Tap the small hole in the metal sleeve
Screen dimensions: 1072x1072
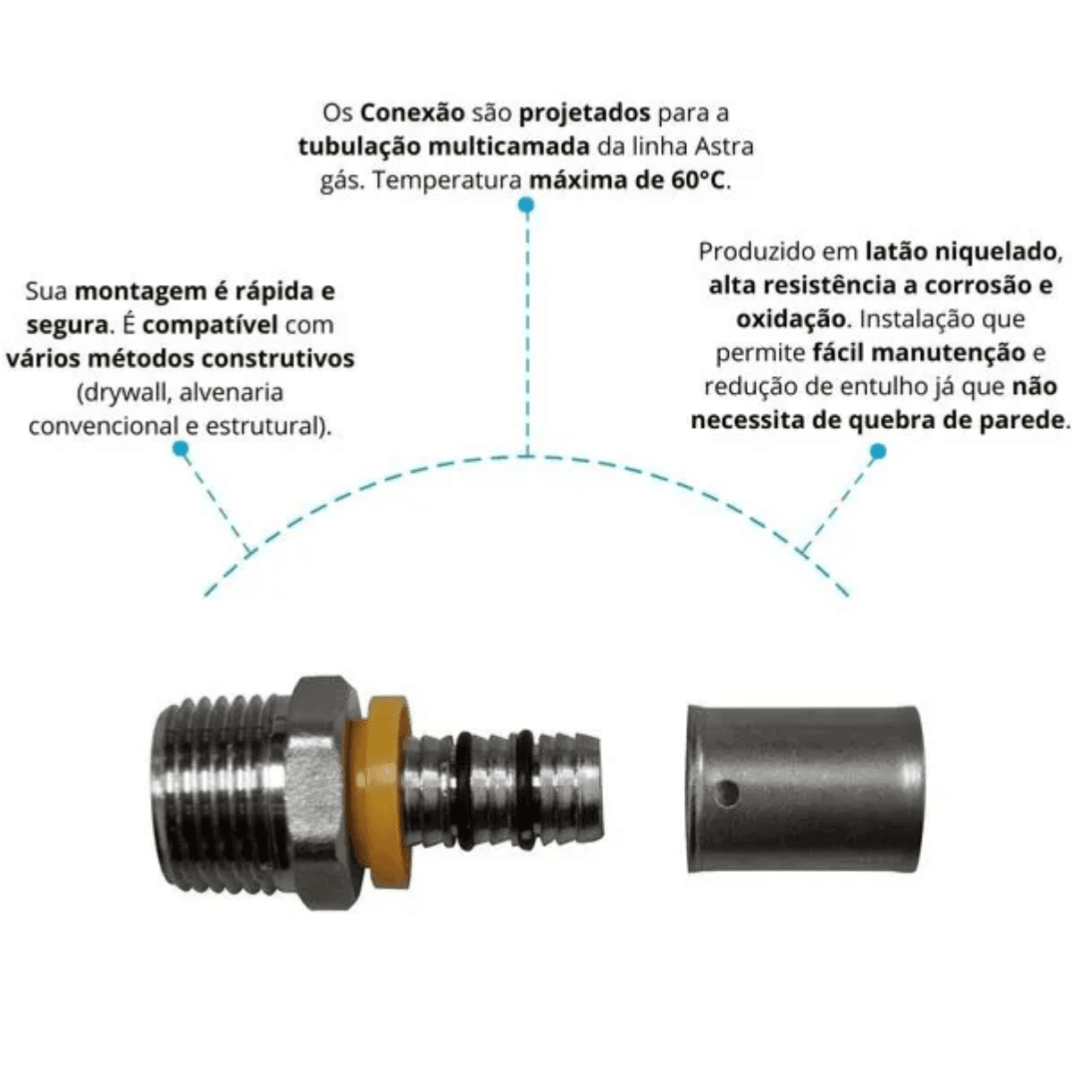pyautogui.click(x=727, y=792)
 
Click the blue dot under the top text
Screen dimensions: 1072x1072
pyautogui.click(x=526, y=205)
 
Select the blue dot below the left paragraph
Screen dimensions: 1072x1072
pyautogui.click(x=180, y=449)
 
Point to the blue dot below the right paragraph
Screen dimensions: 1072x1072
pyautogui.click(x=878, y=451)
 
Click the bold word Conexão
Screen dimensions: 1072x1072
pyautogui.click(x=412, y=113)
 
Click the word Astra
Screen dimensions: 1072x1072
pyautogui.click(x=724, y=147)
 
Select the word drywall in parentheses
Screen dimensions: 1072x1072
pyautogui.click(x=125, y=393)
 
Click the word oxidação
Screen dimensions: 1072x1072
pyautogui.click(x=791, y=320)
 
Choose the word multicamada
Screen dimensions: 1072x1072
pyautogui.click(x=509, y=147)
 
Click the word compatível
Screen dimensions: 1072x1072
pyautogui.click(x=210, y=325)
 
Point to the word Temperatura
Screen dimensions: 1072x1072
pyautogui.click(x=447, y=180)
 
